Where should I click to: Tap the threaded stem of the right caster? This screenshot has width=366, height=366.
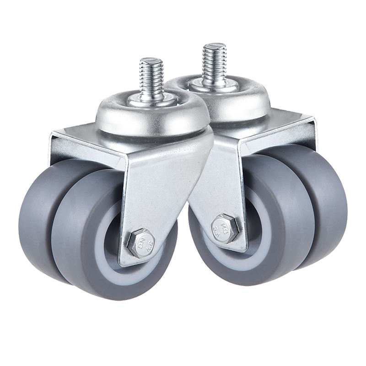(x=214, y=64)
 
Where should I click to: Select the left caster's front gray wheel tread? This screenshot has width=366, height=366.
(x=78, y=229)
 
